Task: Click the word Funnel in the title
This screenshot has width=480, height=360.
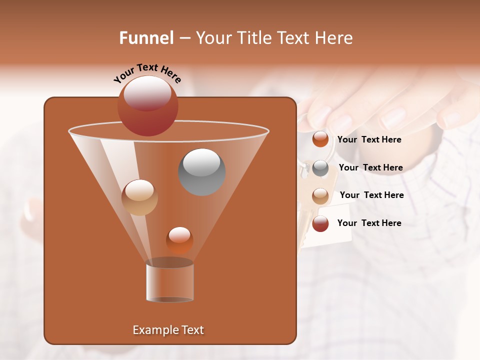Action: (x=146, y=38)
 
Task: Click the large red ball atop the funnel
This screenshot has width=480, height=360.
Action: (x=147, y=105)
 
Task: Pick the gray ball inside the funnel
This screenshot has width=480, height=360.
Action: (x=201, y=172)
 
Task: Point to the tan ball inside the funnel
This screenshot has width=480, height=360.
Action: (x=139, y=197)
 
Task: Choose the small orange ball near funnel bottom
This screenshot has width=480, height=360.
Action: (x=179, y=240)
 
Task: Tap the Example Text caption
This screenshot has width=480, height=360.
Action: (x=168, y=330)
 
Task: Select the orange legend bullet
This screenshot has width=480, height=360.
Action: (x=320, y=139)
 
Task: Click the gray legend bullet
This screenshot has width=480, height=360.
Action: (x=320, y=168)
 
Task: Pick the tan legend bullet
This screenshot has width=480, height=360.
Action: (x=320, y=195)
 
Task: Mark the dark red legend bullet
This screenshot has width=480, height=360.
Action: (x=320, y=223)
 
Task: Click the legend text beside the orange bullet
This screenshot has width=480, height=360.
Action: (x=369, y=139)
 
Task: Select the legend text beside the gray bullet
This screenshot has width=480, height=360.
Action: (x=370, y=167)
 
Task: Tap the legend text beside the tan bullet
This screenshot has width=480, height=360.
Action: (x=371, y=195)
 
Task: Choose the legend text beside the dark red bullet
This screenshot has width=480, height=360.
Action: (x=369, y=223)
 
